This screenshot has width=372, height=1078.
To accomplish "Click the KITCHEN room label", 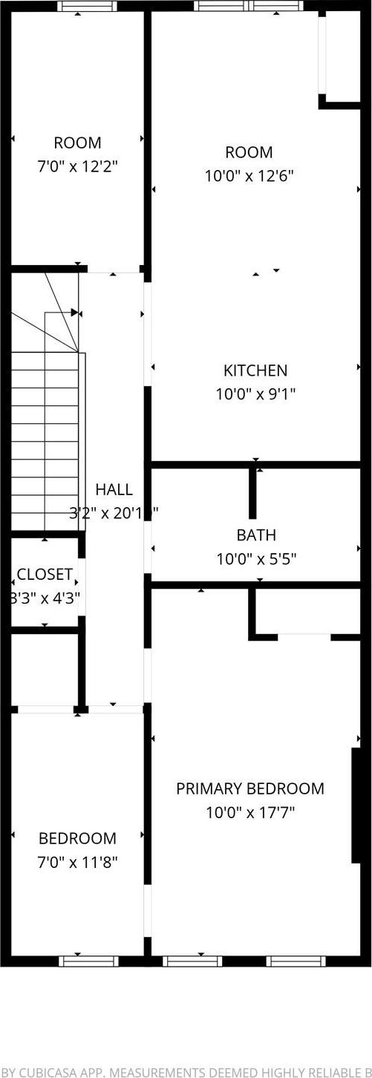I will [x=255, y=370].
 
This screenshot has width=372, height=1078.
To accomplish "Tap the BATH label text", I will [x=256, y=535].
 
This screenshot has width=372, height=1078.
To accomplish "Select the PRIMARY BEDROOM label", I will [x=250, y=788].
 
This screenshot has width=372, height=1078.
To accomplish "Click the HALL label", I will [x=114, y=489].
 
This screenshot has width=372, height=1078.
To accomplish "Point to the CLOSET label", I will [x=45, y=574].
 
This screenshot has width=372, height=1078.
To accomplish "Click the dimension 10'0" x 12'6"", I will [x=249, y=176].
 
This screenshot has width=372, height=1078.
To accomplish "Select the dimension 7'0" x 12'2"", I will [x=78, y=166].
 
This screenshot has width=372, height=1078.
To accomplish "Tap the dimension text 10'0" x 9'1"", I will [x=255, y=394].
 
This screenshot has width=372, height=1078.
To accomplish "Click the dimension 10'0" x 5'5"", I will [x=256, y=558].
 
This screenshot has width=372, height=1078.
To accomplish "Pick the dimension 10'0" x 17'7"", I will [x=250, y=812].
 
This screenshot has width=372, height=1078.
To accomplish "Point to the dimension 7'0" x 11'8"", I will [x=78, y=862].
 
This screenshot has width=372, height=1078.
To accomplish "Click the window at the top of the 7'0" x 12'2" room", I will [x=88, y=6].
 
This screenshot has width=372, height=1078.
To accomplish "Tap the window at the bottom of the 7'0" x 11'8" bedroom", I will [x=88, y=960].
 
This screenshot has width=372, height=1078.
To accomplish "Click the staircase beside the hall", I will [x=45, y=438].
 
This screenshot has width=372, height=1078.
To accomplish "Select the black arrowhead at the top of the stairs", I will [x=74, y=313].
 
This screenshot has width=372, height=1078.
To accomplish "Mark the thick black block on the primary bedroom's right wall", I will [x=356, y=806].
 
